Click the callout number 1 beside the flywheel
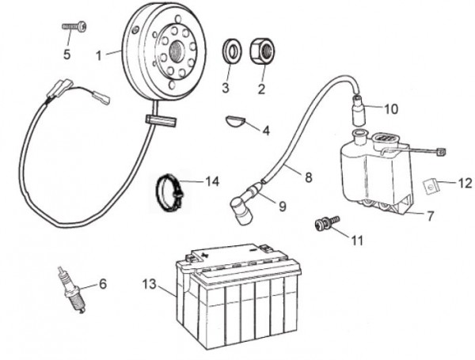(99, 55)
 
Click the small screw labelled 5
(75, 28)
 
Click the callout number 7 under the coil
(430, 215)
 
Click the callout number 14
(211, 181)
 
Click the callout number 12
(465, 184)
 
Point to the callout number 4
(266, 130)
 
